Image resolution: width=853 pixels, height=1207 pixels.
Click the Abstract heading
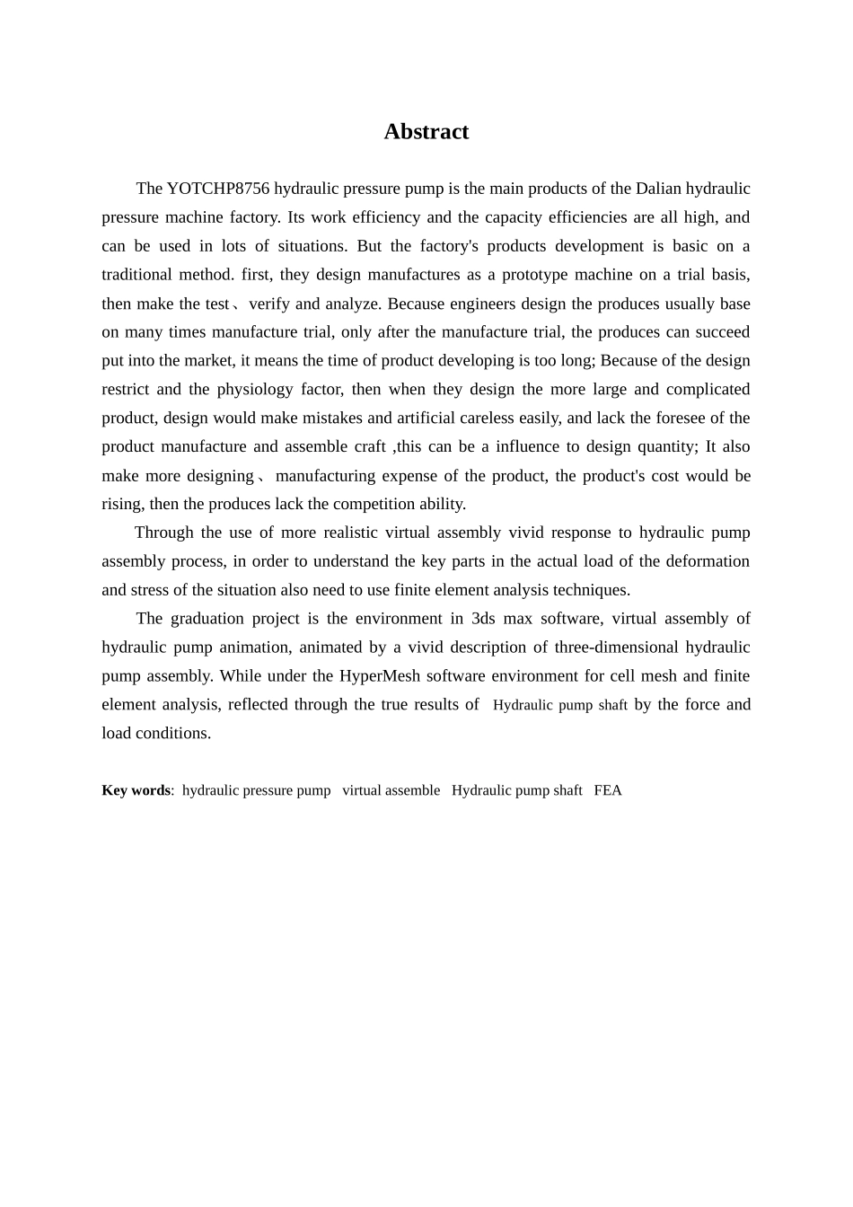pos(426,132)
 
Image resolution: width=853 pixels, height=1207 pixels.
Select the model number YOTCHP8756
pos(218,189)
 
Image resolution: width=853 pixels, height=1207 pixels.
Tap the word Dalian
pos(658,189)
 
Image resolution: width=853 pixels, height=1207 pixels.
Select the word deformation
pos(708,561)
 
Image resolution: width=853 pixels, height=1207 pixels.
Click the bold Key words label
pos(136,790)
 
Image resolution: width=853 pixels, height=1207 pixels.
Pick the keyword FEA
pos(608,790)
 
